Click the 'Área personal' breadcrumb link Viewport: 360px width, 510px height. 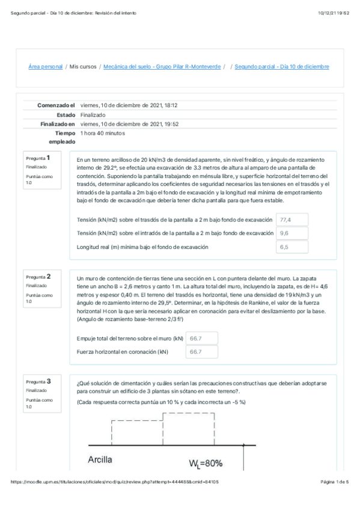[46, 67]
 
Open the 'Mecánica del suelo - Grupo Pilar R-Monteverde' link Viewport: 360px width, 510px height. [162, 67]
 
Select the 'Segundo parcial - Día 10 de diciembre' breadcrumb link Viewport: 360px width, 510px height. [282, 67]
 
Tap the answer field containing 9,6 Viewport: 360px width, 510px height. [292, 233]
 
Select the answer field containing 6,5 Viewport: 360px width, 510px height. [292, 247]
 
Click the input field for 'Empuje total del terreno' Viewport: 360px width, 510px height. [202, 339]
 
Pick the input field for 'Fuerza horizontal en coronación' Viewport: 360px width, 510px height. [202, 352]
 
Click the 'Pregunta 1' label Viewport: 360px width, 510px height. [38, 158]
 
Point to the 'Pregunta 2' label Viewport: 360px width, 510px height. [38, 276]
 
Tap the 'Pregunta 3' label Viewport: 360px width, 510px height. [38, 381]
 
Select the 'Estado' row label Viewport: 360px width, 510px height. [66, 114]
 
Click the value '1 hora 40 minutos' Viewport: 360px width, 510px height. [103, 133]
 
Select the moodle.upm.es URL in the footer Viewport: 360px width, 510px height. [115, 499]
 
